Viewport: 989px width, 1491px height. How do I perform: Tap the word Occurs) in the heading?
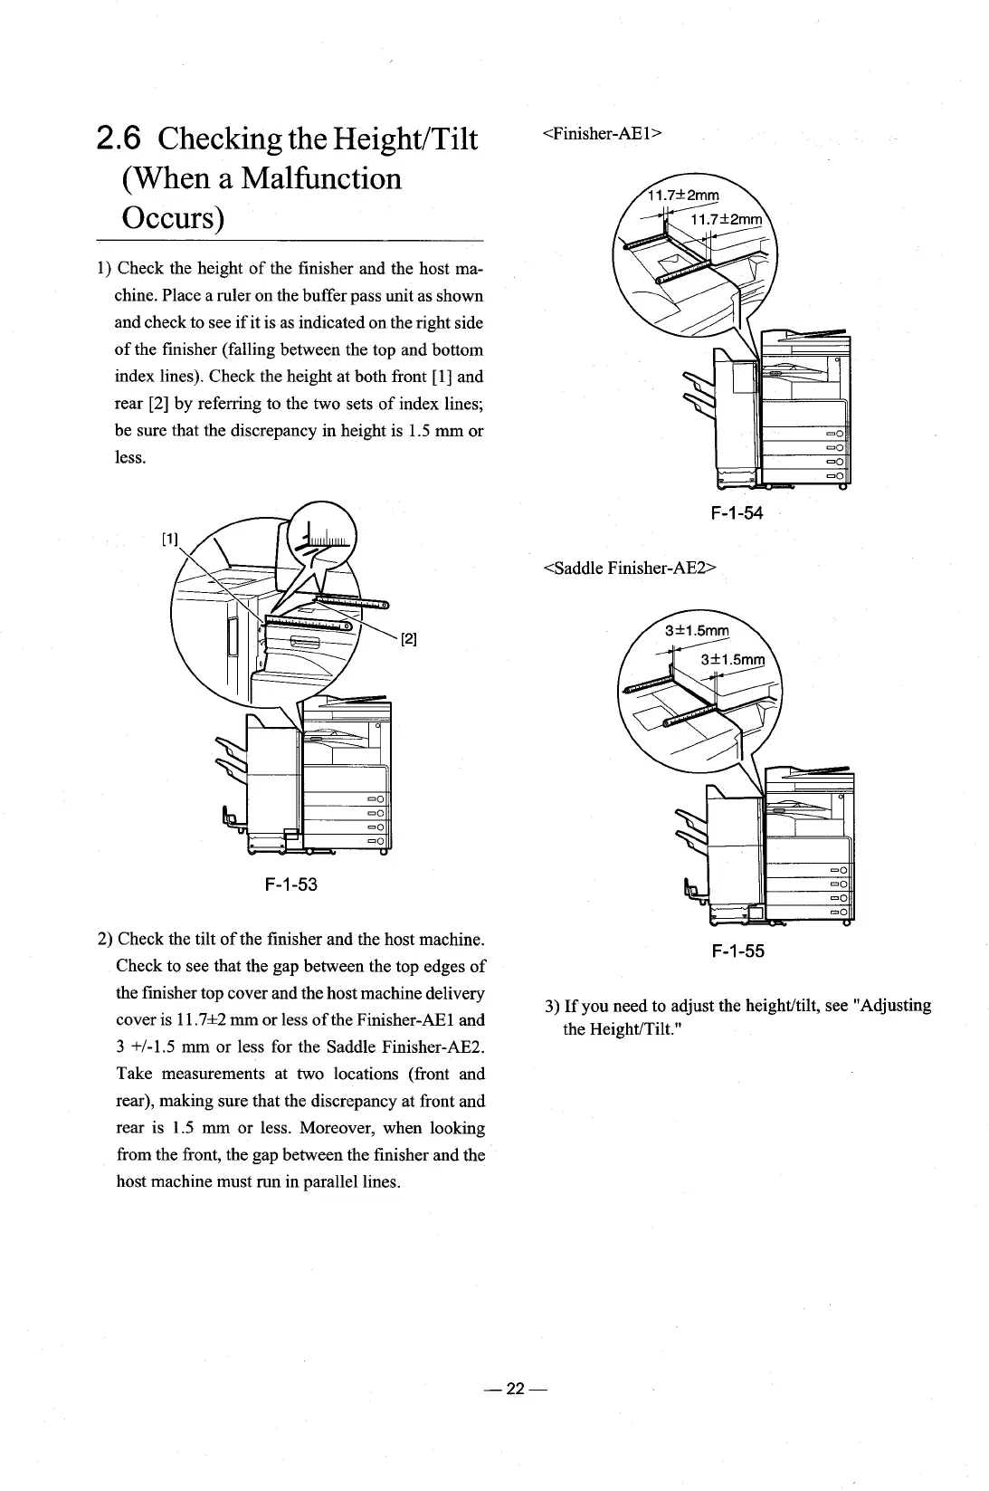pos(172,218)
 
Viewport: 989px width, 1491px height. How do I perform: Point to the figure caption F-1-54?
pos(737,513)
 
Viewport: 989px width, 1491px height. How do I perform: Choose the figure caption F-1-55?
pos(737,951)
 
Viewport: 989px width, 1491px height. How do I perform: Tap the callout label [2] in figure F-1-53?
pos(407,640)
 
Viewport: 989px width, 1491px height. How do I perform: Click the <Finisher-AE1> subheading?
pos(603,134)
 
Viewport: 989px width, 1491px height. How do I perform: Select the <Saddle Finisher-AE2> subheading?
pos(630,569)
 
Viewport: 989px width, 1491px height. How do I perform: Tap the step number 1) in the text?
pos(104,269)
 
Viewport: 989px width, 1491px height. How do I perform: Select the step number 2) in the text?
pos(104,939)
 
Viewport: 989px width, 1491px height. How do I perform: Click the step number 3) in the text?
pos(552,1007)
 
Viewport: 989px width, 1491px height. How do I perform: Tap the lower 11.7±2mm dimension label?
pos(727,220)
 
